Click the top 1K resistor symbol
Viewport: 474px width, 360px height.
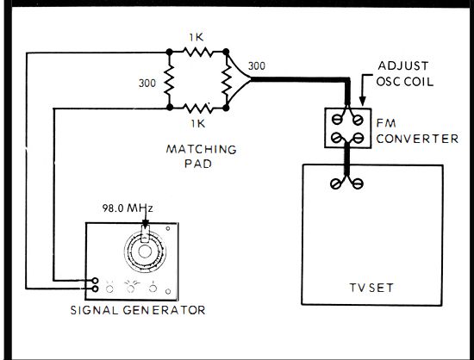(x=197, y=52)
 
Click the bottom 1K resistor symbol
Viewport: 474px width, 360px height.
(x=197, y=108)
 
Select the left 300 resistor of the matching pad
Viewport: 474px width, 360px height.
(x=170, y=80)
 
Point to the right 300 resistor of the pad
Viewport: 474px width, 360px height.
(x=226, y=80)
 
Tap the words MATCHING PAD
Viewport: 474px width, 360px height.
(x=201, y=157)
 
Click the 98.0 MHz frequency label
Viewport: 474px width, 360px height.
(x=128, y=208)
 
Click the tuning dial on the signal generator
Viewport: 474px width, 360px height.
(x=145, y=251)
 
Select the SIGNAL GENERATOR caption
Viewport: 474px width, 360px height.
(x=138, y=310)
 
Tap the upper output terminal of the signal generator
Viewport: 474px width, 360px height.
(x=95, y=280)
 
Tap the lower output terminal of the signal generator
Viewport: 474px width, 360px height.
(x=95, y=289)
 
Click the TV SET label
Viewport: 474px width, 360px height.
(x=371, y=288)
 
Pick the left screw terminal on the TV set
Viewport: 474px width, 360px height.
(x=335, y=183)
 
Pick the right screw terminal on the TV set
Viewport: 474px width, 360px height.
(x=358, y=183)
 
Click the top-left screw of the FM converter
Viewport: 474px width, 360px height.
(x=337, y=120)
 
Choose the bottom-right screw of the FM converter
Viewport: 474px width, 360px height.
(x=359, y=139)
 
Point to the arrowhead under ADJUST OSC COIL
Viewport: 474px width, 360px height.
(x=363, y=101)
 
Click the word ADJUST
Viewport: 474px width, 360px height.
(x=403, y=65)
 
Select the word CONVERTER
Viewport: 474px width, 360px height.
(x=417, y=139)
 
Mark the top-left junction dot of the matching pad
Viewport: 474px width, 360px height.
(x=169, y=52)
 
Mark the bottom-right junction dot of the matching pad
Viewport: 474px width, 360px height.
(x=226, y=108)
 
